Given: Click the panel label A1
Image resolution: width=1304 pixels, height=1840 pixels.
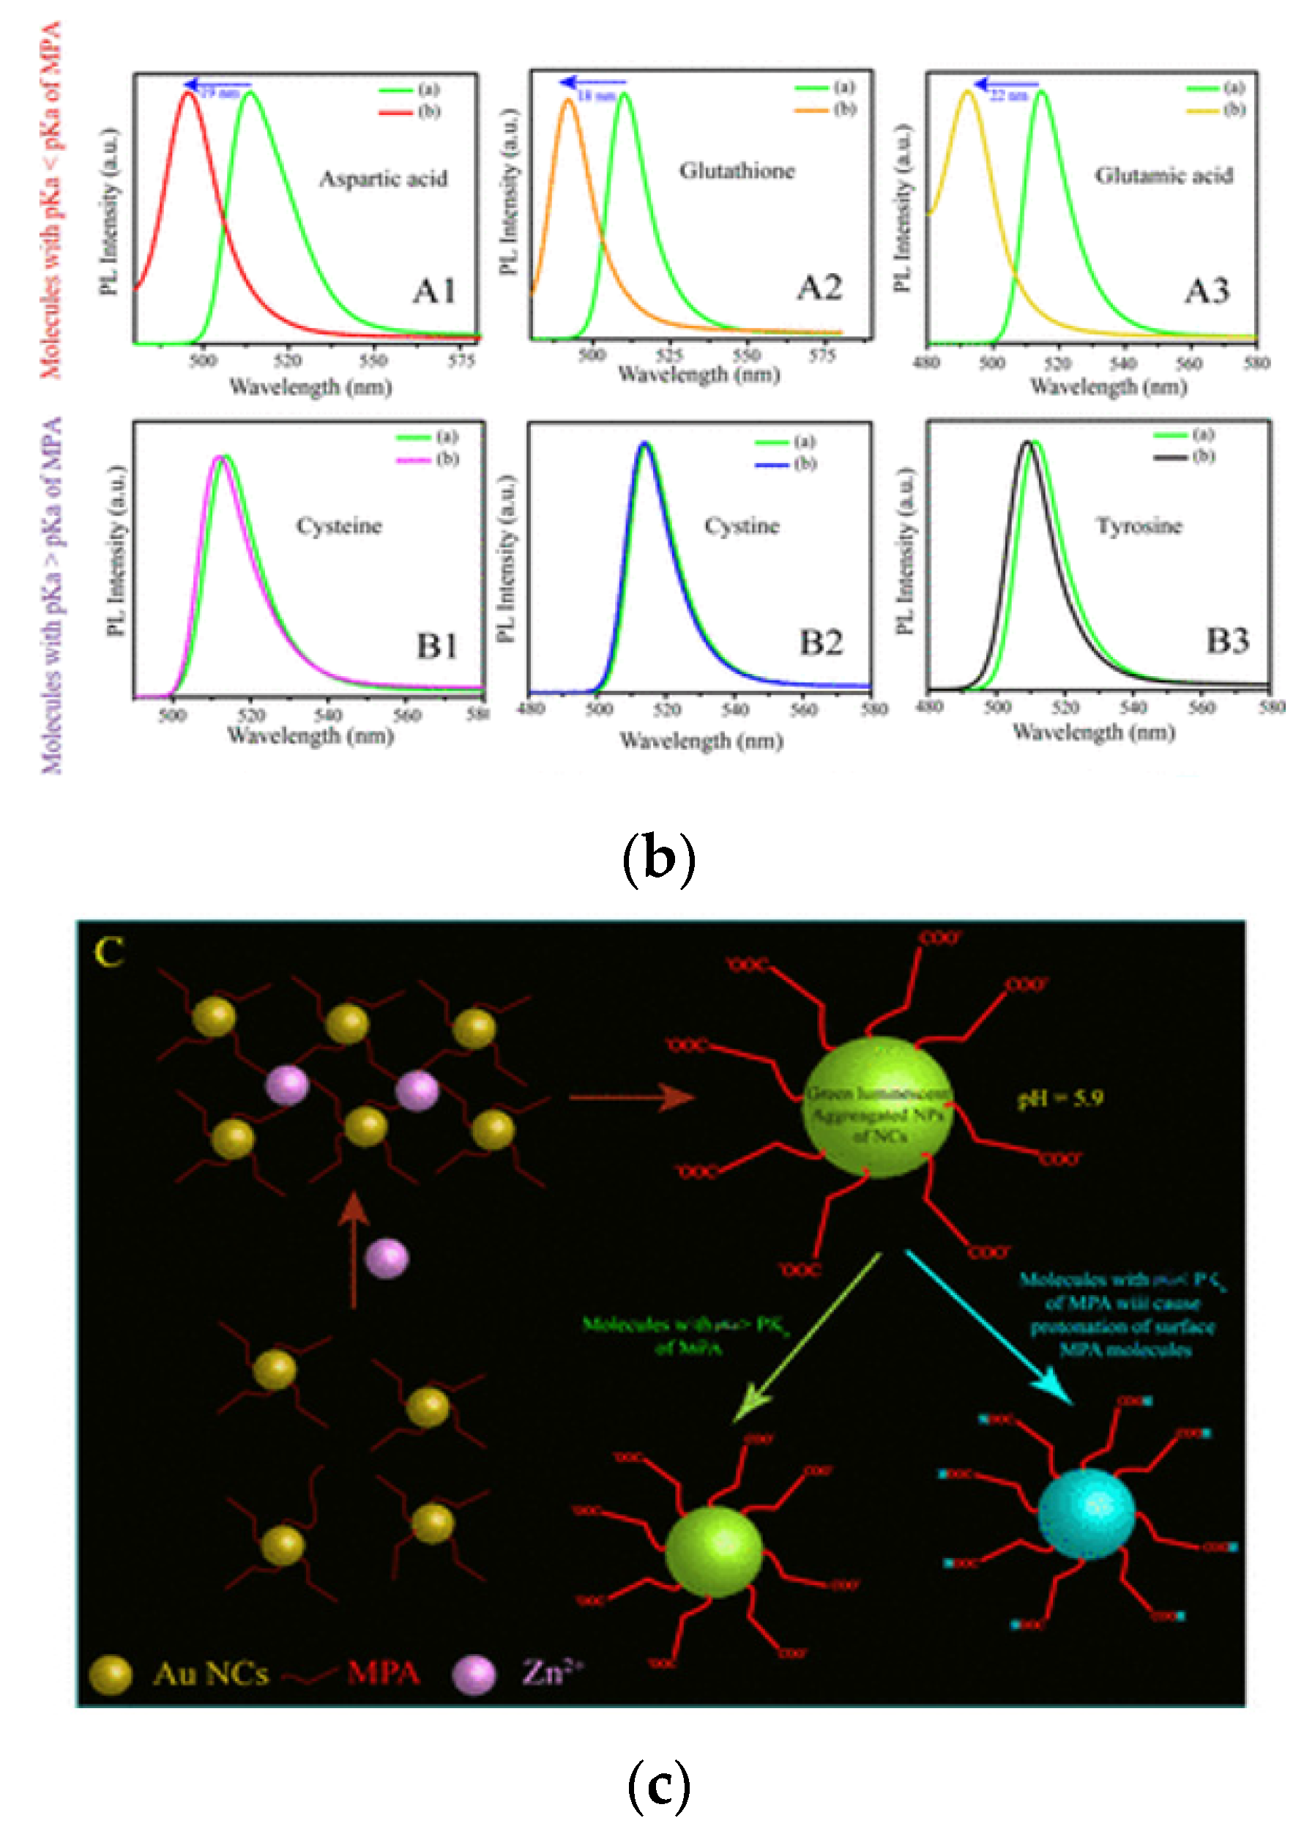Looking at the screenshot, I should point(434,291).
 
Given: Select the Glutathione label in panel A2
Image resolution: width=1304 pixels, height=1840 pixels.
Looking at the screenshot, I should point(737,171).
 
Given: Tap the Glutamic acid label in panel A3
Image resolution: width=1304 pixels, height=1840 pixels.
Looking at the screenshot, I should point(1163,176).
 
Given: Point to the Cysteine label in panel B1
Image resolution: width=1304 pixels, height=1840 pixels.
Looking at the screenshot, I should point(339,526).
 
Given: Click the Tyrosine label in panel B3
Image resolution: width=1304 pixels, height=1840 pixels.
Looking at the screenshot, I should point(1139,526).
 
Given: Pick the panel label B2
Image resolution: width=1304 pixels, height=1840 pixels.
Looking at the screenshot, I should point(821,642).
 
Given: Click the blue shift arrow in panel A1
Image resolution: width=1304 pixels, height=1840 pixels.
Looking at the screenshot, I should point(217,84).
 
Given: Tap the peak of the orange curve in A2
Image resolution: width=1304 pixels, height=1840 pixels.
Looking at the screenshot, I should point(568,100).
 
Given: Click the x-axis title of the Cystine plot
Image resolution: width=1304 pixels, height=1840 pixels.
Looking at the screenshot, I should point(701,741).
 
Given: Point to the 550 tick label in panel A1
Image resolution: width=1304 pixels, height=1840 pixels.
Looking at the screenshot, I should point(373,360).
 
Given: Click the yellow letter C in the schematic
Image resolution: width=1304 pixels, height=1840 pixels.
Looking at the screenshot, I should point(109,954).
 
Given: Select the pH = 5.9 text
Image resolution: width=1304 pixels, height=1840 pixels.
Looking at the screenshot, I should point(1060,1098).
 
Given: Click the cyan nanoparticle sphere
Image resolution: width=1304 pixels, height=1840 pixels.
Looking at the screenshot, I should point(1087,1513).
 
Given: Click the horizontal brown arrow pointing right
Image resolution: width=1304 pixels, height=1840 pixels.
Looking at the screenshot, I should point(631,1097).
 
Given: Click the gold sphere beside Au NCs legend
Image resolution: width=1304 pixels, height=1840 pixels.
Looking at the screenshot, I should point(110,1674).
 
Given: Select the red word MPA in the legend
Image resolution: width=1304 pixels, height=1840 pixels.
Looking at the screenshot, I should point(383,1673).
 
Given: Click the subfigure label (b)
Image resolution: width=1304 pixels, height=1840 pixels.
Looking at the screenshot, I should point(658,858).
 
